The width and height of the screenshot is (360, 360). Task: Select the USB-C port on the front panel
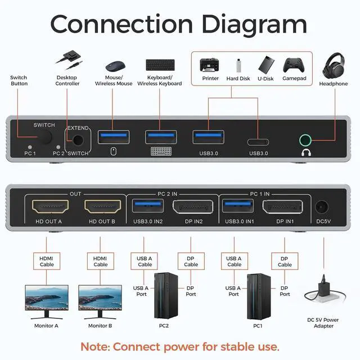click(x=259, y=138)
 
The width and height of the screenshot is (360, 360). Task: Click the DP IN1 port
click(x=285, y=208)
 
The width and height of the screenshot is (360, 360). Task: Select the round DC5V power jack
click(x=323, y=208)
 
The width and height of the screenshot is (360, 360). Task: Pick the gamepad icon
click(x=294, y=64)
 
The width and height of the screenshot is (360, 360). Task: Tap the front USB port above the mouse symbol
click(x=114, y=137)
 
